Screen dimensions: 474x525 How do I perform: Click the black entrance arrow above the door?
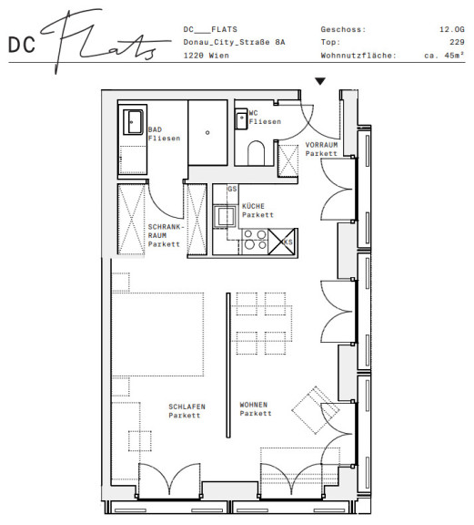pyautogui.click(x=320, y=81)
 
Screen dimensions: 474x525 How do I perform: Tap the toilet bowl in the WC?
pyautogui.click(x=256, y=153)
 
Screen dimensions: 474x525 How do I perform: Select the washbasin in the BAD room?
pyautogui.click(x=133, y=122)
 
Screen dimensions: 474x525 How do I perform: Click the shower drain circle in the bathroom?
pyautogui.click(x=207, y=132)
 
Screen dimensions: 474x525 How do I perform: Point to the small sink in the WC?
pyautogui.click(x=241, y=118)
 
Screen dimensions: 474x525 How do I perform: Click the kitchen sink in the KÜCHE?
pyautogui.click(x=225, y=216)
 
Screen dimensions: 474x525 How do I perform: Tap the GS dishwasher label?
pyautogui.click(x=232, y=189)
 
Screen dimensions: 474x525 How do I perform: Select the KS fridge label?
pyautogui.click(x=287, y=242)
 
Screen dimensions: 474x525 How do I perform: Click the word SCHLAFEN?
pyautogui.click(x=187, y=407)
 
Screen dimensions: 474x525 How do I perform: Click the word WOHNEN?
pyautogui.click(x=254, y=405)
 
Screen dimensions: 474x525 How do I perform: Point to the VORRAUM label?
pyautogui.click(x=321, y=145)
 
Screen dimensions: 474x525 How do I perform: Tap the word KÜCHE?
pyautogui.click(x=253, y=206)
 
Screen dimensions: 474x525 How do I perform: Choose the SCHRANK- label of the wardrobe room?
pyautogui.click(x=166, y=227)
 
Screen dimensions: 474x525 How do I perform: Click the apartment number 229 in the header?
pyautogui.click(x=457, y=42)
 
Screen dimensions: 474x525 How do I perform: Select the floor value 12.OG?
pyautogui.click(x=452, y=29)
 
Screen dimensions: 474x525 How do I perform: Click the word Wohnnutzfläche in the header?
pyautogui.click(x=358, y=56)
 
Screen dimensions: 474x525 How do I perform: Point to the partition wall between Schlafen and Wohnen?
pyautogui.click(x=228, y=365)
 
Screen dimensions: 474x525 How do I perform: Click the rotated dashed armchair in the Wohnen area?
pyautogui.click(x=316, y=410)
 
